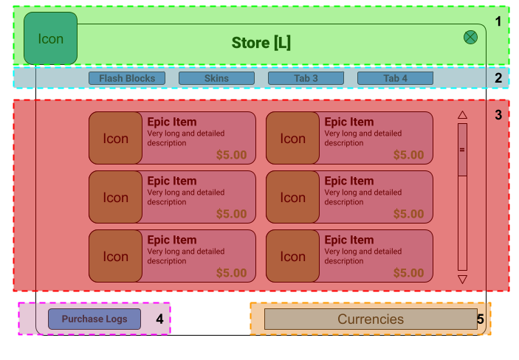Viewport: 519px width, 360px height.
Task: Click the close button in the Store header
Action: click(470, 37)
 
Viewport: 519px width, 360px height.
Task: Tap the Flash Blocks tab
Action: click(127, 78)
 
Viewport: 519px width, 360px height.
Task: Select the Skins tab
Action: click(216, 78)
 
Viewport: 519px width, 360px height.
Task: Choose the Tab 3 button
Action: click(306, 78)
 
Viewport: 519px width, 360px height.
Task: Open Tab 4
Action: click(395, 78)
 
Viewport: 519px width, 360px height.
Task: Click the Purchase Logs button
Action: click(94, 319)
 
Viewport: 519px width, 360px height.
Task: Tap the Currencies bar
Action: click(371, 319)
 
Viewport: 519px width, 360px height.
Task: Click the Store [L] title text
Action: click(261, 43)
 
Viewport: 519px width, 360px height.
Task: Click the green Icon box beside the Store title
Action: click(50, 38)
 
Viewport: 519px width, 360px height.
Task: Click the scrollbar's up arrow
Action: click(463, 115)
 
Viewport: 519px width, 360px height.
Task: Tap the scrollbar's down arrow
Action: click(463, 280)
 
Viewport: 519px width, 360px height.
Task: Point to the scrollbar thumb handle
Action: click(463, 150)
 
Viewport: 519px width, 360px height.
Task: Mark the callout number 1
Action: click(498, 21)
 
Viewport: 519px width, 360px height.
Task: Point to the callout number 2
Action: click(498, 78)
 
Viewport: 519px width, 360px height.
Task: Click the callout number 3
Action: click(498, 115)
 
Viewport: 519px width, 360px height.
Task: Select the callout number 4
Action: click(159, 319)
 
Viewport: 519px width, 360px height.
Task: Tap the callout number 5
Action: click(480, 319)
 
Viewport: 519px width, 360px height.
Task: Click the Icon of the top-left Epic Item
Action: click(115, 139)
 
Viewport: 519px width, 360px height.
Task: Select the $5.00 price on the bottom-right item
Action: click(409, 273)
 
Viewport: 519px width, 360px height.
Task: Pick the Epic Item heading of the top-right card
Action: click(349, 122)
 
